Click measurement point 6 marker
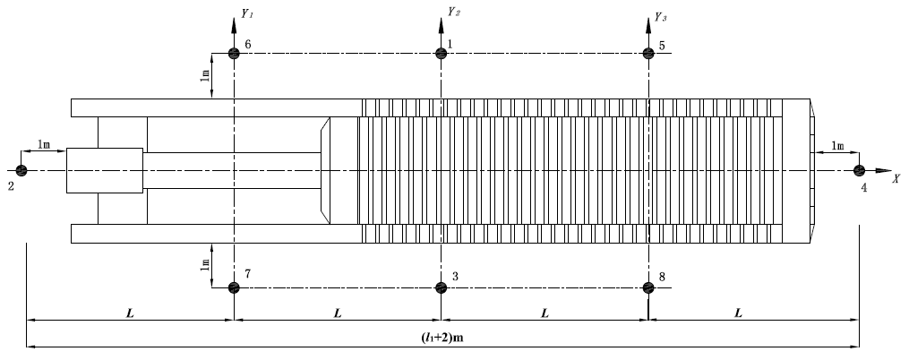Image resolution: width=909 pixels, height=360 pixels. (x=234, y=54)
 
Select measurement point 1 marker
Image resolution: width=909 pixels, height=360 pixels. (x=441, y=54)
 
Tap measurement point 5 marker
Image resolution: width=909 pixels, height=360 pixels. (x=648, y=54)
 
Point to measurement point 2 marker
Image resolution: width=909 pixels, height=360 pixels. (x=21, y=170)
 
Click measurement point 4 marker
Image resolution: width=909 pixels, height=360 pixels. (x=858, y=170)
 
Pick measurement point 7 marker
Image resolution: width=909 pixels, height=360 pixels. (x=234, y=287)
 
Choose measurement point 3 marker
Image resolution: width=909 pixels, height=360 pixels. (x=441, y=287)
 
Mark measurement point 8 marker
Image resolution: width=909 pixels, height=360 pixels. (x=648, y=287)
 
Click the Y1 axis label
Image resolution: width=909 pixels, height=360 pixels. (x=247, y=16)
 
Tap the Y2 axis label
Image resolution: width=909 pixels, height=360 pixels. (x=454, y=13)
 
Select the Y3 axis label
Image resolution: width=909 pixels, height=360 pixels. (x=661, y=16)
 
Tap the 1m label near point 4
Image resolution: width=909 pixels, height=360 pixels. (x=837, y=145)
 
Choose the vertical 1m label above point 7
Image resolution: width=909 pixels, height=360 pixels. (x=204, y=262)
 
